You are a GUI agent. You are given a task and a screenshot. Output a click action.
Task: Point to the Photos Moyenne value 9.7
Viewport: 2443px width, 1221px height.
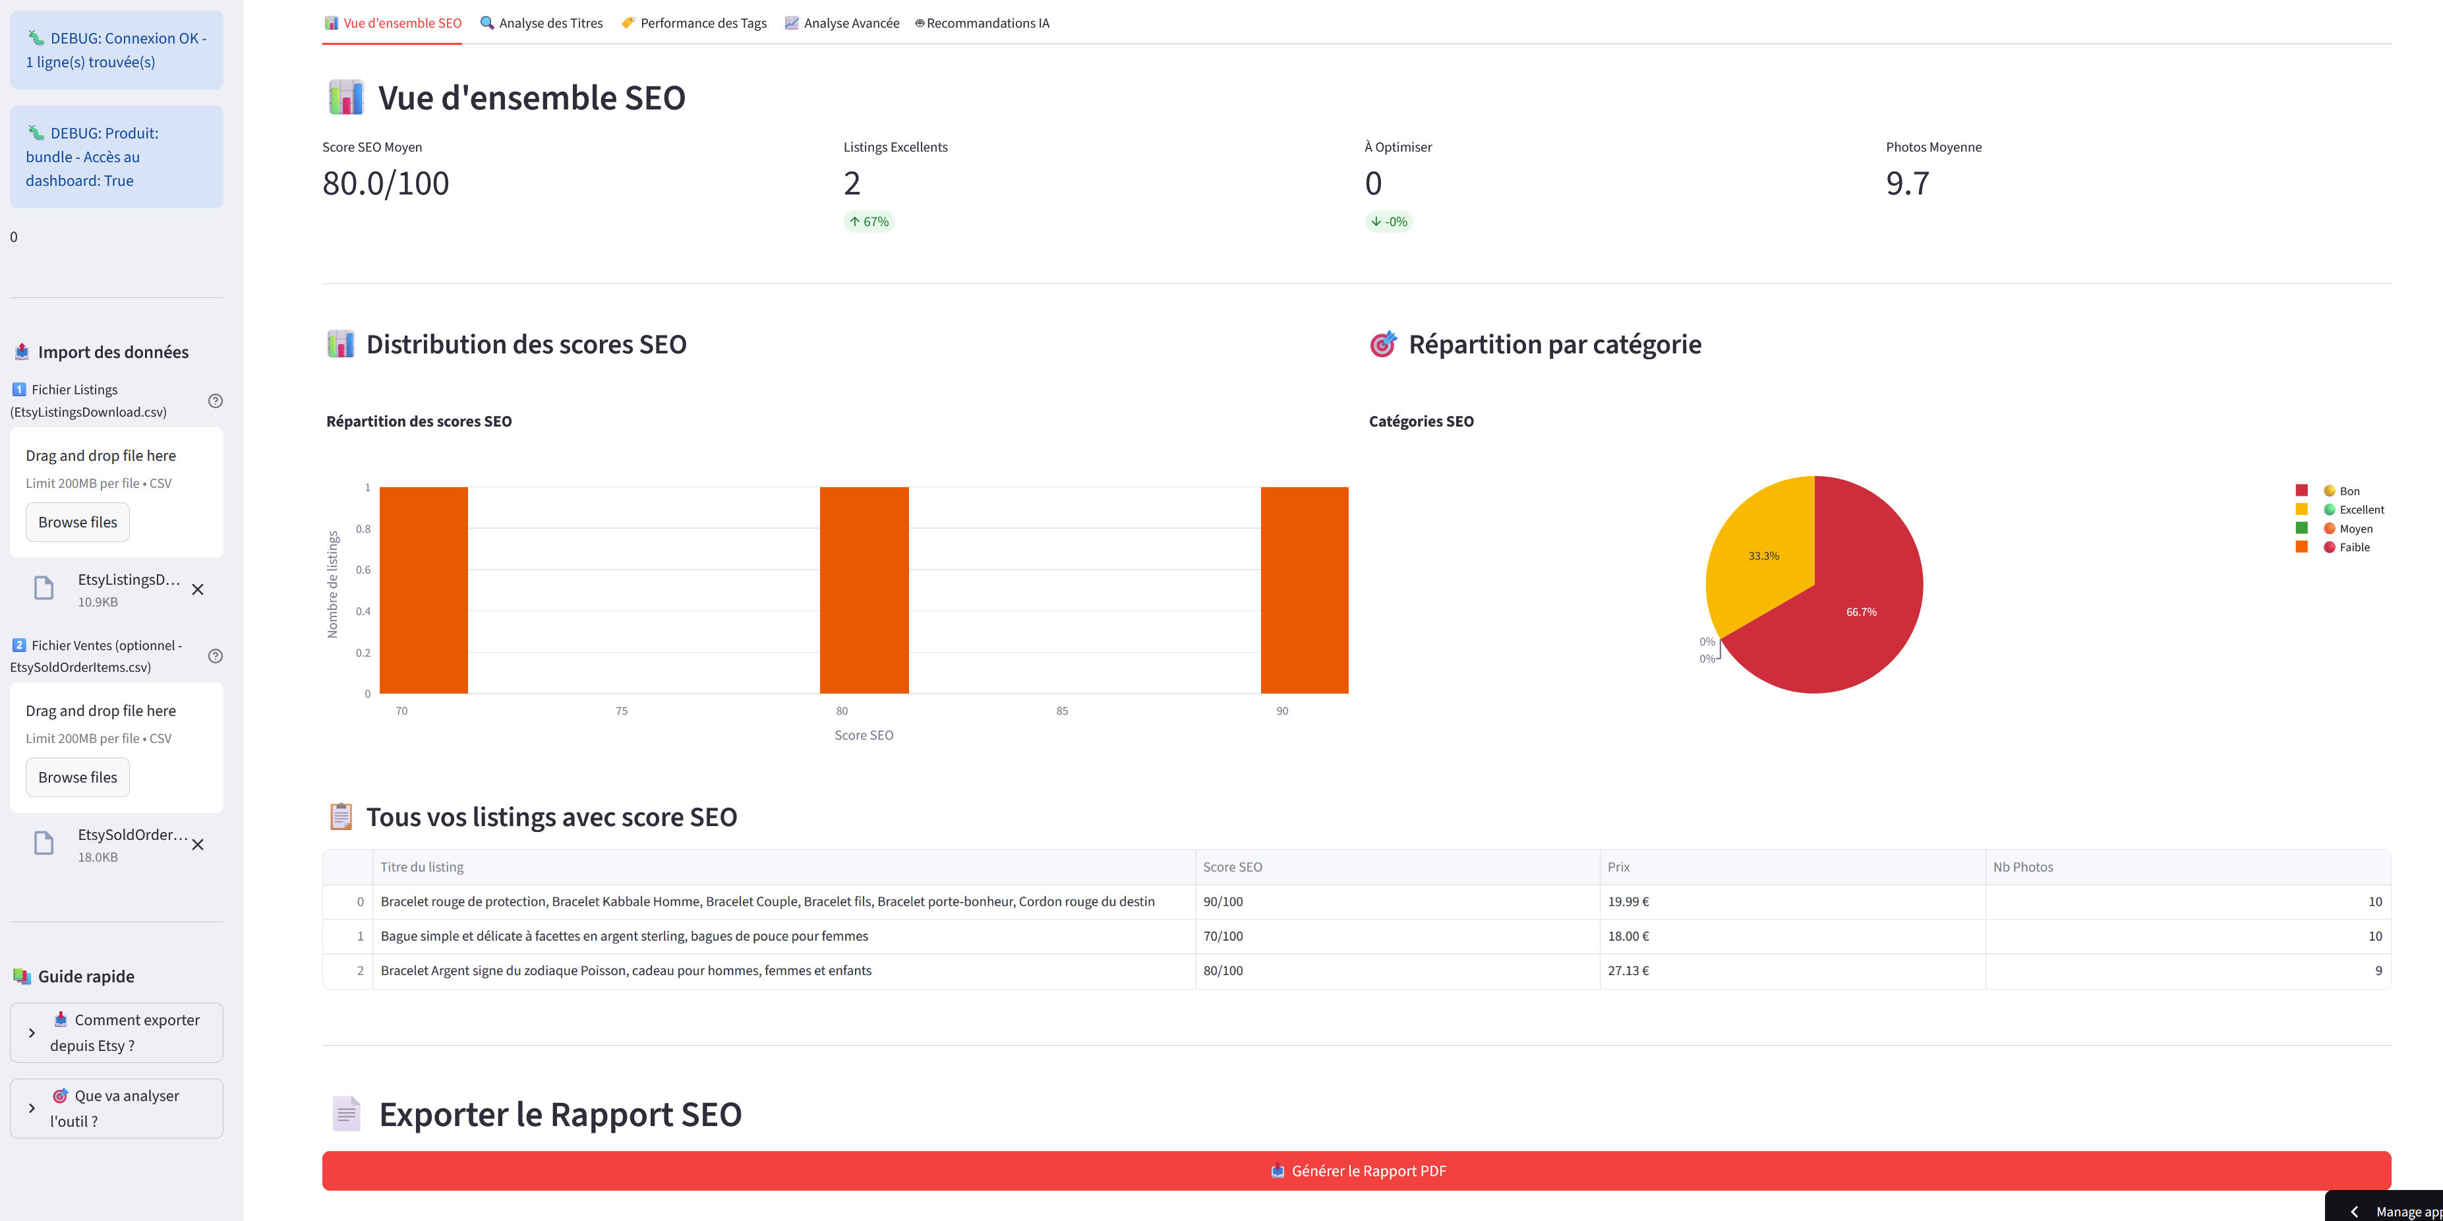point(1907,183)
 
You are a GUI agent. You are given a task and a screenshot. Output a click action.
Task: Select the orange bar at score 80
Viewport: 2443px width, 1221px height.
point(864,589)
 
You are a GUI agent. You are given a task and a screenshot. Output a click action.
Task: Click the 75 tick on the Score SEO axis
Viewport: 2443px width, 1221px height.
point(621,711)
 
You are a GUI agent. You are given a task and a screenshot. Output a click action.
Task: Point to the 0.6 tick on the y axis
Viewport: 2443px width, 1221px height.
point(363,570)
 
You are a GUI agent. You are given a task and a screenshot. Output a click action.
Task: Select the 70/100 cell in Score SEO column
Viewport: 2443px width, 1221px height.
point(1222,936)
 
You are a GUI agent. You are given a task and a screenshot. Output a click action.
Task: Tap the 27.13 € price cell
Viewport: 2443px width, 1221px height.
point(1628,970)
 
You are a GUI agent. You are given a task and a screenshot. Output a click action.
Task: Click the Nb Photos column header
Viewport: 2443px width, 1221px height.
point(2023,867)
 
